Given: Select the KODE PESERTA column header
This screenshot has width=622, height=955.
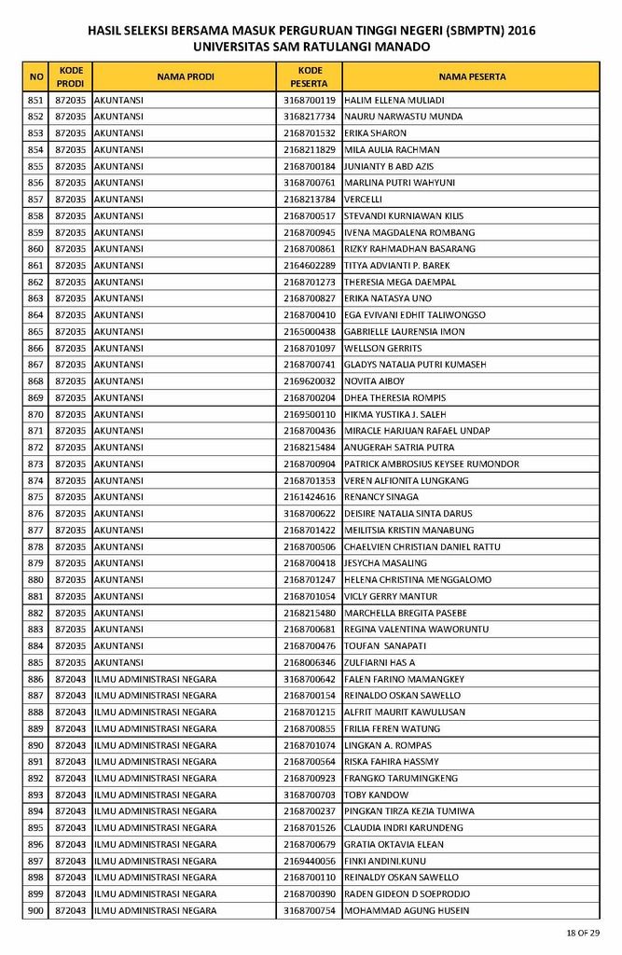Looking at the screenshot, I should click(x=310, y=76).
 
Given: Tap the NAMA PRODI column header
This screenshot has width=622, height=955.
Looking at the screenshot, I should click(x=185, y=76).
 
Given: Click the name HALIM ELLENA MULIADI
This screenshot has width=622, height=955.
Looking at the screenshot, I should click(x=394, y=101).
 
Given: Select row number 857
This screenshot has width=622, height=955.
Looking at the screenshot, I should click(x=36, y=200).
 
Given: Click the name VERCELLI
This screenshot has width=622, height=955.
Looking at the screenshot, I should click(x=364, y=200).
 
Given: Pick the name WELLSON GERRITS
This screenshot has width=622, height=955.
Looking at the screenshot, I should click(x=382, y=348).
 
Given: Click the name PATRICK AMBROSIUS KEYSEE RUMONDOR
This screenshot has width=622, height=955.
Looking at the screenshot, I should click(x=432, y=464).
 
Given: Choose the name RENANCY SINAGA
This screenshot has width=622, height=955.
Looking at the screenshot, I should click(x=381, y=497).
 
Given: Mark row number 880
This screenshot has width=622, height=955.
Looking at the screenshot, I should click(x=36, y=580).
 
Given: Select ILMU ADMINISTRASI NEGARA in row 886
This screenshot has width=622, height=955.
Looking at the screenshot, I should click(x=155, y=679).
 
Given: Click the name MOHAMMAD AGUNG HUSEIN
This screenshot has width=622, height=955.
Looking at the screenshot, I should click(x=407, y=910).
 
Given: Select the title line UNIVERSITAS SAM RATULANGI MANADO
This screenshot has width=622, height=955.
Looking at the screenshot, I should click(x=311, y=46).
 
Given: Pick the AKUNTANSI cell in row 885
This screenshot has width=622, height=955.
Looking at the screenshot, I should click(x=118, y=662).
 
